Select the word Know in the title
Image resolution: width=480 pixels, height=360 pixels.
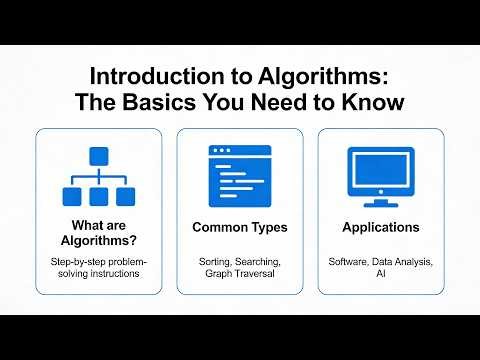coord(356,103)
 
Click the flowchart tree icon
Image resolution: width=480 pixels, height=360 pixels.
coord(98,177)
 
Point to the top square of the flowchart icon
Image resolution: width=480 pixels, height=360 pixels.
coord(98,157)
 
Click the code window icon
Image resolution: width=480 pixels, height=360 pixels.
coord(239,174)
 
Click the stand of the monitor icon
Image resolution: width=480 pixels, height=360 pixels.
coord(380,200)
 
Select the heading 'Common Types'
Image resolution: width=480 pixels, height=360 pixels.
coord(239,228)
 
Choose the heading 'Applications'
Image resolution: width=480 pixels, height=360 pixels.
coord(380,228)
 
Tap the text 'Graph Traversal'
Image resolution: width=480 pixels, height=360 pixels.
coord(239,274)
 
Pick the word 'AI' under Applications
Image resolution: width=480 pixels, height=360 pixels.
coord(380,274)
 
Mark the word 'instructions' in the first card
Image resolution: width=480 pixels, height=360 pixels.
coord(119,274)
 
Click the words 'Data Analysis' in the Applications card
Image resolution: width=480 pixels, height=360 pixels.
coord(404,261)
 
